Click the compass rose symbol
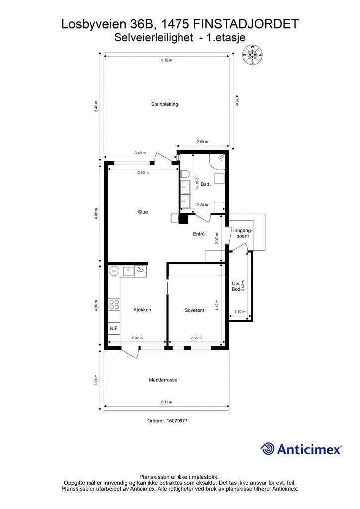252,55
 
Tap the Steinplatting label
164,104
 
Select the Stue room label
143,212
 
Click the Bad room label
205,184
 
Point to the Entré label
199,234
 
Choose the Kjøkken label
142,310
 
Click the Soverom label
194,310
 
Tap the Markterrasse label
163,380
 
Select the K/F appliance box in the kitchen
114,328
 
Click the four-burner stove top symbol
114,304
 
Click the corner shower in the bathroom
217,162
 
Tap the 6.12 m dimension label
166,60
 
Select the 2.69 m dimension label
202,142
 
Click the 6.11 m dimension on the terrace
166,402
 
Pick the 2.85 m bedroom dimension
196,338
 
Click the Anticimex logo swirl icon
268,449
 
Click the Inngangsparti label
243,233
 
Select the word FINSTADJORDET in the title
246,24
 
